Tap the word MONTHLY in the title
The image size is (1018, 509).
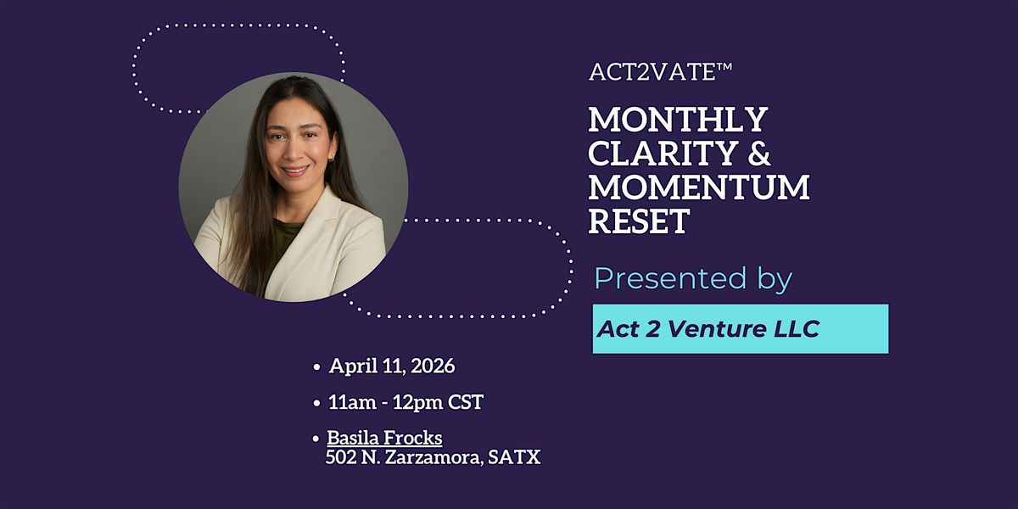(x=678, y=120)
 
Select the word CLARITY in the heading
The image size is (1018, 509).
(x=663, y=154)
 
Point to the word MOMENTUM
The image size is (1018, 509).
(x=699, y=187)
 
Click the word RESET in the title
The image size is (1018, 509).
(x=639, y=221)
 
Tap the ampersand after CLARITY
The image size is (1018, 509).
(x=758, y=154)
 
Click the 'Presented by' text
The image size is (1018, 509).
(x=693, y=278)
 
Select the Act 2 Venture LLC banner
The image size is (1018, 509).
(x=741, y=328)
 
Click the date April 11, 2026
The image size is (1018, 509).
(x=392, y=366)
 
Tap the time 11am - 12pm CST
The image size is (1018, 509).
(x=406, y=402)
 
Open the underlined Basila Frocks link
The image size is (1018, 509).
(x=384, y=438)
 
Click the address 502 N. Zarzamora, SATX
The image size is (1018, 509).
(x=433, y=457)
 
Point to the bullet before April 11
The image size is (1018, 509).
(x=316, y=367)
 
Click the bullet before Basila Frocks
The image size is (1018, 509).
(x=316, y=439)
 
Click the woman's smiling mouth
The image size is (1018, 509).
(x=295, y=171)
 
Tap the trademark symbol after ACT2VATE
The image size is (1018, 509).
(x=724, y=66)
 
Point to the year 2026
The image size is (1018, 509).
(x=433, y=366)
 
